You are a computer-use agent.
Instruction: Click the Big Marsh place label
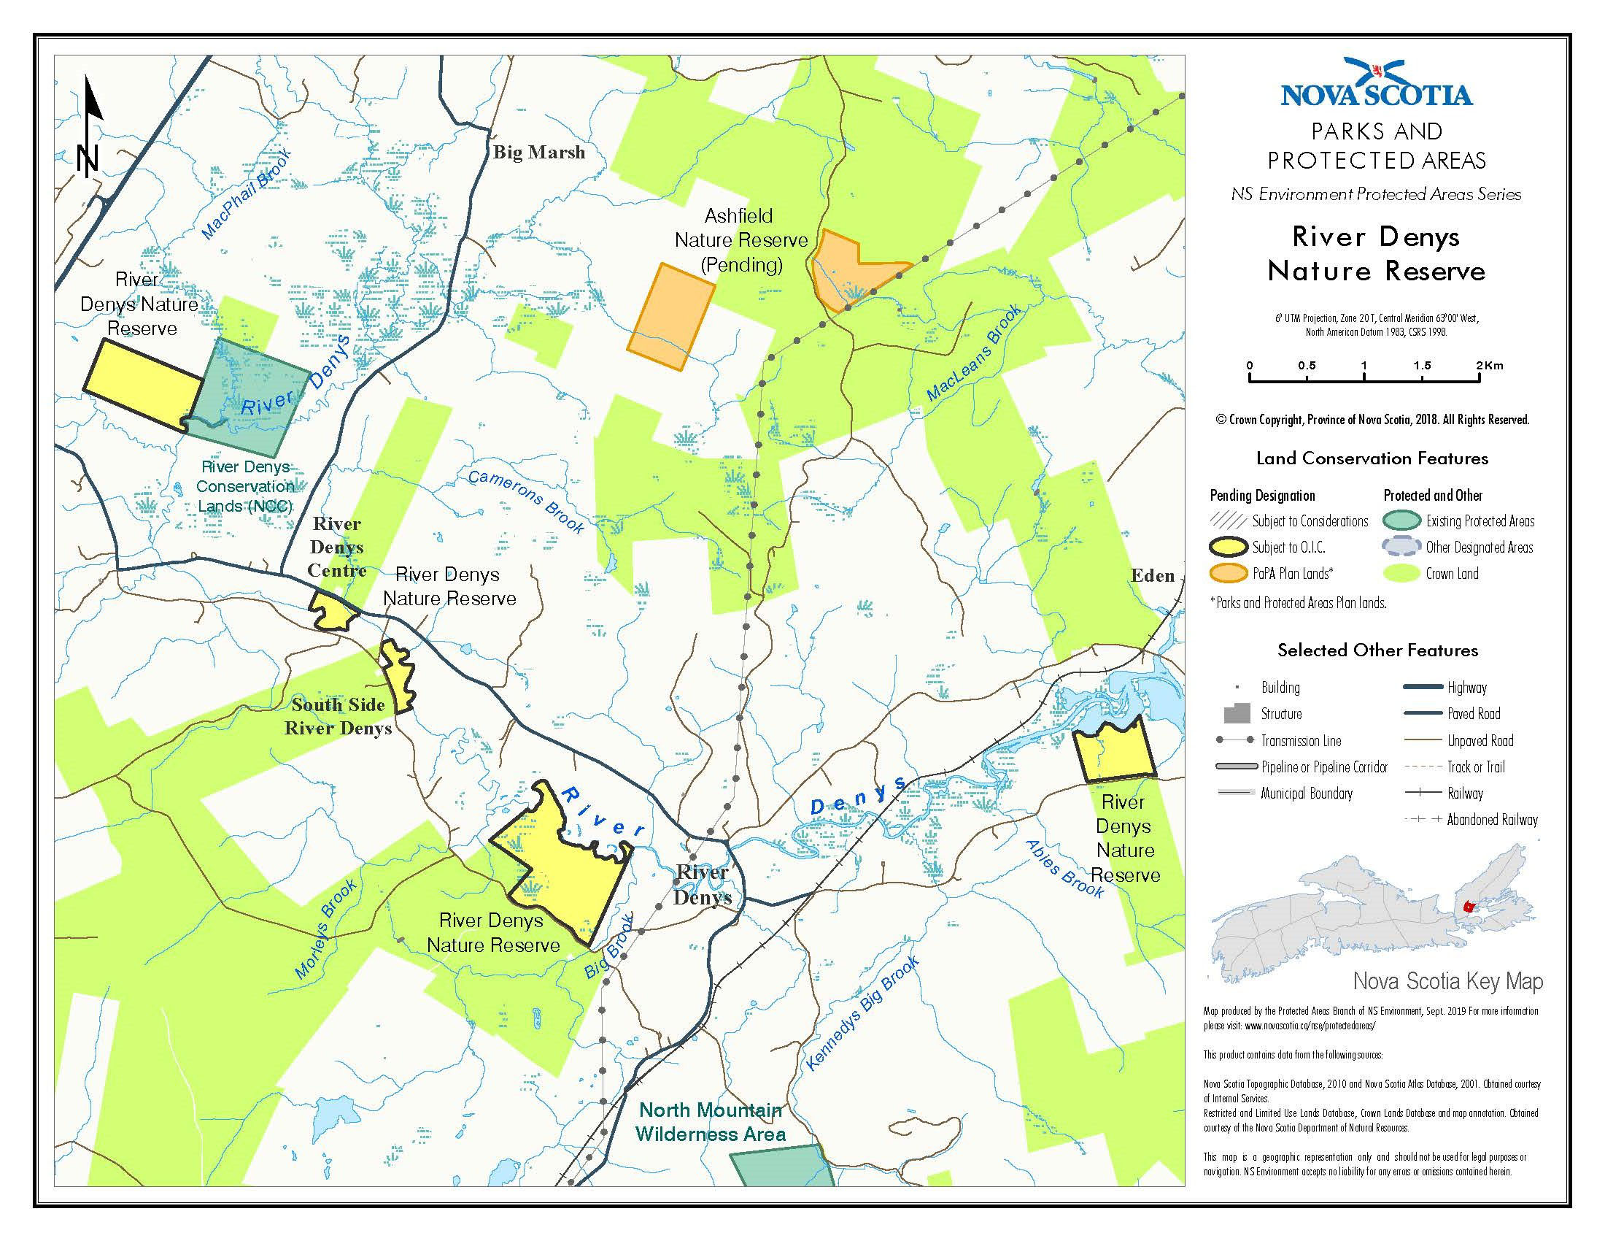(x=538, y=152)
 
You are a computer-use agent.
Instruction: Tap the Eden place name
(x=1152, y=576)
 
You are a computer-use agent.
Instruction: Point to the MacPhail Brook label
(x=247, y=193)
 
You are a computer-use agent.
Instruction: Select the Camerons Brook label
(x=526, y=502)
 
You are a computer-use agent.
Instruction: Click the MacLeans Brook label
(x=974, y=353)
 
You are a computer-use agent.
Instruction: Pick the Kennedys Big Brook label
(x=862, y=1013)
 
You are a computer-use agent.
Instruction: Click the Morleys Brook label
(x=325, y=929)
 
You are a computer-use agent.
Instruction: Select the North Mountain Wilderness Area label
(x=711, y=1121)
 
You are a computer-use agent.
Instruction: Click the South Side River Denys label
(x=338, y=716)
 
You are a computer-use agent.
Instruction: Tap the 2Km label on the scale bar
(x=1489, y=366)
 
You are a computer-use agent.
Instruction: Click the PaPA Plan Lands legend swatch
(x=1228, y=574)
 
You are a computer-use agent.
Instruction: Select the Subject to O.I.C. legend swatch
(x=1228, y=547)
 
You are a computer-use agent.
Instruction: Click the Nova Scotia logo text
(x=1376, y=95)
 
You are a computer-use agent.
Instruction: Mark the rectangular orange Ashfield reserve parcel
(x=670, y=316)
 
